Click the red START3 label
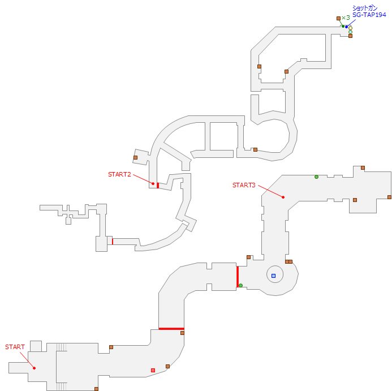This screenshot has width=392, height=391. point(244,185)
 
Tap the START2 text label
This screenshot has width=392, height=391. point(119,174)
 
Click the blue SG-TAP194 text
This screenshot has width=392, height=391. point(369,15)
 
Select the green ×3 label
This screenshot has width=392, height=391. point(346,18)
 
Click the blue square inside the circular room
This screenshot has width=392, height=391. point(273,276)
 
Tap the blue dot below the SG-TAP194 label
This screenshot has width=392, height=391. point(347,27)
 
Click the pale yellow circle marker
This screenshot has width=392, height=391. point(350,28)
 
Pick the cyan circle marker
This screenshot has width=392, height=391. point(350,32)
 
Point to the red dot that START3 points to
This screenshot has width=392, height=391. point(283,197)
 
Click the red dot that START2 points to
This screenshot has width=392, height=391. point(153,183)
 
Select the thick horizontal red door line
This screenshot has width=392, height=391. point(171,328)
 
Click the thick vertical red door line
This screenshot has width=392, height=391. point(237,277)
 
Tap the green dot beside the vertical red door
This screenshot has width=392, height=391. point(240,285)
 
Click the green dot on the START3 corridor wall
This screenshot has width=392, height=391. point(316,177)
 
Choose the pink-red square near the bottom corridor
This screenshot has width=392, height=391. point(153,370)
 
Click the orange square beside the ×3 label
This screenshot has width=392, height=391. point(338,19)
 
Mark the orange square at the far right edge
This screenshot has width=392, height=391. point(389,197)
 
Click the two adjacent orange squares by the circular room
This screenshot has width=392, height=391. point(288,261)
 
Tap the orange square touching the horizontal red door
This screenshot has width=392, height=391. point(182,333)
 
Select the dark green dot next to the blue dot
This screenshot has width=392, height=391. point(343,26)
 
